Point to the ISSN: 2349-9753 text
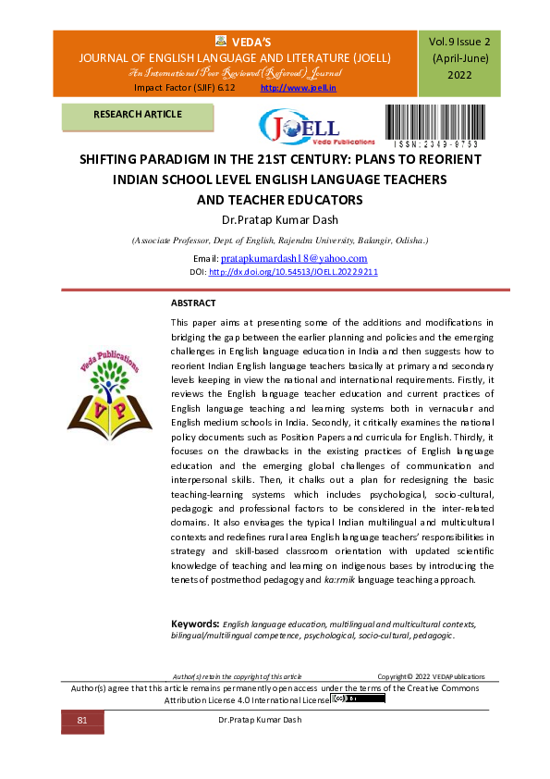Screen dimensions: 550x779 437,145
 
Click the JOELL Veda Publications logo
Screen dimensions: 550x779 299,129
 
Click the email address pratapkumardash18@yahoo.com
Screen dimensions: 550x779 294,258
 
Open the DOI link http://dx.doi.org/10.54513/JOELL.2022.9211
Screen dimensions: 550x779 293,273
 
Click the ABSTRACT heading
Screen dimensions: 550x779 193,303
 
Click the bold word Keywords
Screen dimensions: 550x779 194,624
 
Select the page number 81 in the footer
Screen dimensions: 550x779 81,720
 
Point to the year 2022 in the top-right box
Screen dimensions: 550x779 459,75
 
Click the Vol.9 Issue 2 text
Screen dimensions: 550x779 459,42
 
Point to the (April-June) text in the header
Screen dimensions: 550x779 459,58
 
